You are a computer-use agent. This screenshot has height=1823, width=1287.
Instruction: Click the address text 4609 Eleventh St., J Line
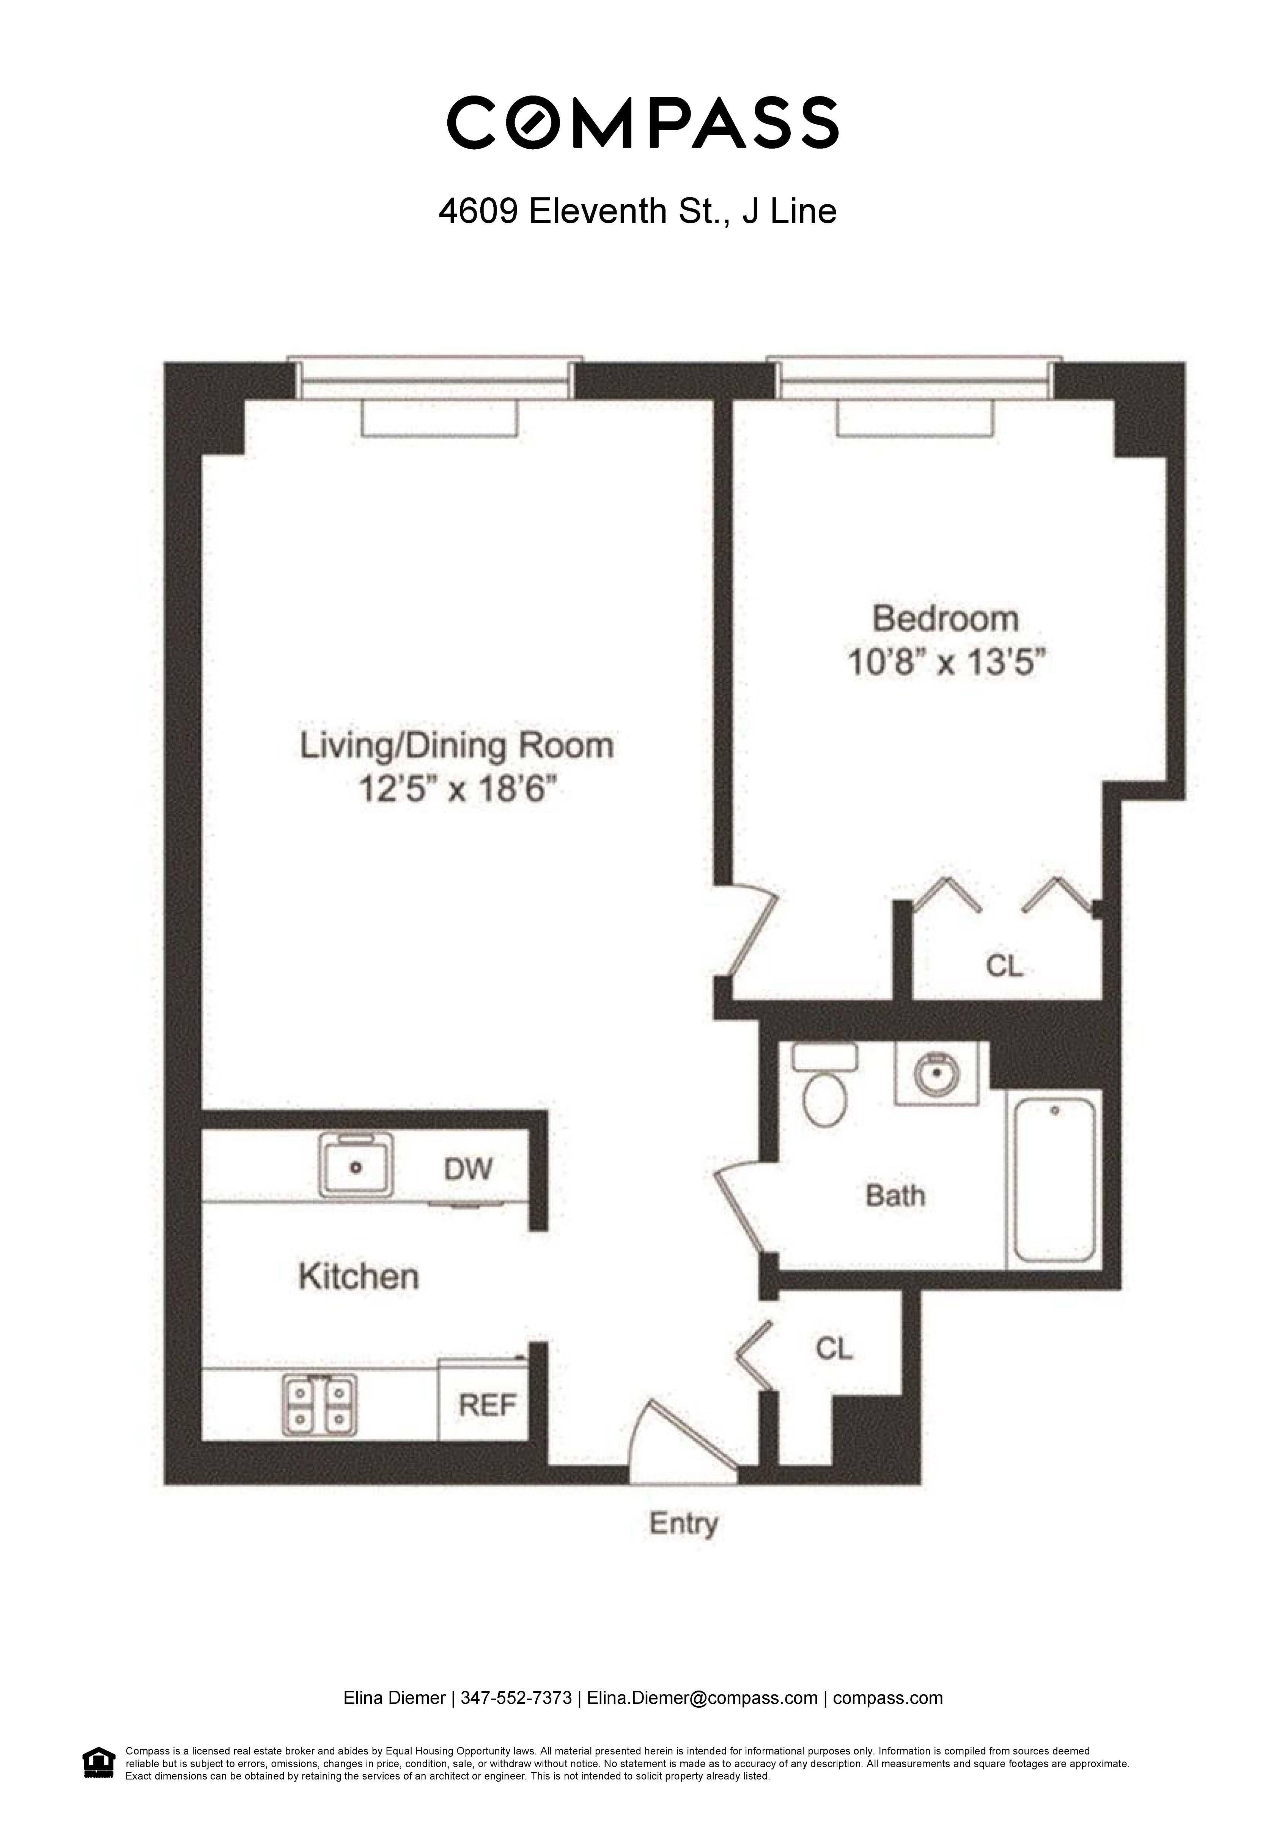click(637, 211)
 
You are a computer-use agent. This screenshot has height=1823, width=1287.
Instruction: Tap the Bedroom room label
click(945, 619)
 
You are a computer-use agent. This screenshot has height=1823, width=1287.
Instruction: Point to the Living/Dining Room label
click(456, 746)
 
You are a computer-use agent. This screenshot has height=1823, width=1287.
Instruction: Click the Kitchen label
click(359, 1277)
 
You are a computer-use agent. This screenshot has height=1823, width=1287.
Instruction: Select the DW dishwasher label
click(469, 1169)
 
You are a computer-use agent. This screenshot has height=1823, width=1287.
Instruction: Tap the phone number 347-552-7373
click(516, 1697)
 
